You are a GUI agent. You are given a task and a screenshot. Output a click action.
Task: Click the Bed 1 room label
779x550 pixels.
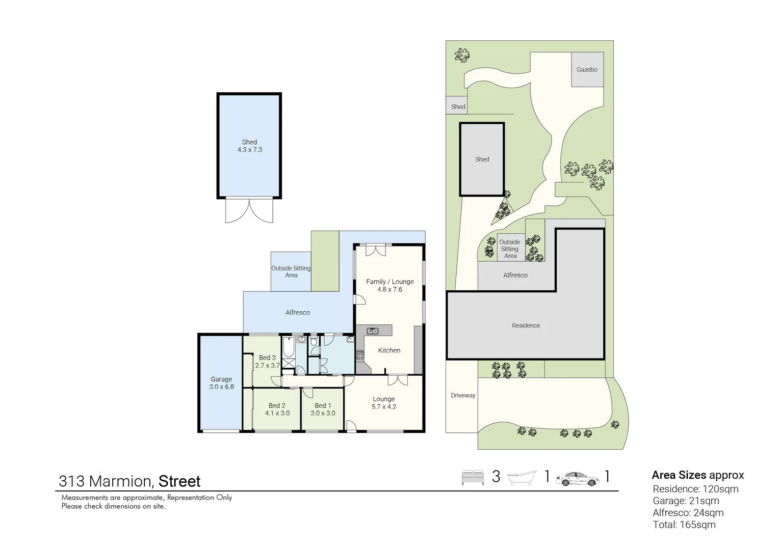323,405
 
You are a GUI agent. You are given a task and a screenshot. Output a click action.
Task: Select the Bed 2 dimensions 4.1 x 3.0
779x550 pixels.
277,413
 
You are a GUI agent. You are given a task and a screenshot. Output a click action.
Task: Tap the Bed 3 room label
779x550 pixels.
267,358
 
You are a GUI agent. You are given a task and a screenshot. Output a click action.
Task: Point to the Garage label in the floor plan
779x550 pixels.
221,379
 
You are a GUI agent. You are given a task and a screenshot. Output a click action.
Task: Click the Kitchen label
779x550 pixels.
389,350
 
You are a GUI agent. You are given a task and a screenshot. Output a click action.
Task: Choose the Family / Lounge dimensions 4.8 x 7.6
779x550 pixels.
389,289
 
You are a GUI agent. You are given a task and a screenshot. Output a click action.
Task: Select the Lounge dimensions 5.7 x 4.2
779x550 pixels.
383,407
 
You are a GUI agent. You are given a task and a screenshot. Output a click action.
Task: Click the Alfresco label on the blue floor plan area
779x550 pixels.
298,313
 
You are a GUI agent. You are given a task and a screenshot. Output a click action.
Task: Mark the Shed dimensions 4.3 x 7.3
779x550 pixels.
249,150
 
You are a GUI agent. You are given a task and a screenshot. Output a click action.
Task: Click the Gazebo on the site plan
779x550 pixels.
587,69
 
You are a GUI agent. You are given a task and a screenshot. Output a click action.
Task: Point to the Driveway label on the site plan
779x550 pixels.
463,395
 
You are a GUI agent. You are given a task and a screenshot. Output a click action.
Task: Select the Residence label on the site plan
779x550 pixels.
526,325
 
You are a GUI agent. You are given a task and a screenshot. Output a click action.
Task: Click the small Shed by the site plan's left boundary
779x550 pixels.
458,106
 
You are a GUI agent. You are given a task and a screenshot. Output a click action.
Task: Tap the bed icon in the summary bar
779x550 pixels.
473,477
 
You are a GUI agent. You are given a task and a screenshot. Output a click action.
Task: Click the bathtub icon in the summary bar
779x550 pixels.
522,477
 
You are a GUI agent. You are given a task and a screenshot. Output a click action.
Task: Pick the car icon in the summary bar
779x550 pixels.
578,478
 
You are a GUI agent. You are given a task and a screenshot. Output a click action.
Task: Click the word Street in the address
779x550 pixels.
179,481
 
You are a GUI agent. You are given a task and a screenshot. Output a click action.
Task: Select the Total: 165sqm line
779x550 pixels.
684,525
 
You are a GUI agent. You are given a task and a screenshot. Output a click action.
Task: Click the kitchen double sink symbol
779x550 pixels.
373,331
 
